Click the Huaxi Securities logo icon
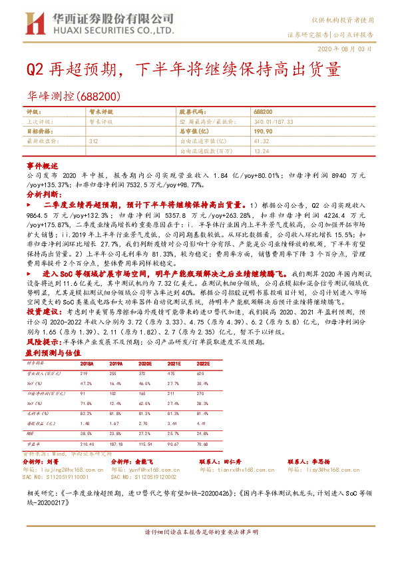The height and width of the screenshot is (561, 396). pos(32,23)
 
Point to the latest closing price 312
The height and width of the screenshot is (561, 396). pos(93,142)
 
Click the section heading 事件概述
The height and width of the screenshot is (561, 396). pos(39,163)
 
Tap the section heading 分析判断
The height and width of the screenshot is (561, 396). pos(39,194)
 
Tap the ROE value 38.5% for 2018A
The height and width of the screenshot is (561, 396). pos(87,432)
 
